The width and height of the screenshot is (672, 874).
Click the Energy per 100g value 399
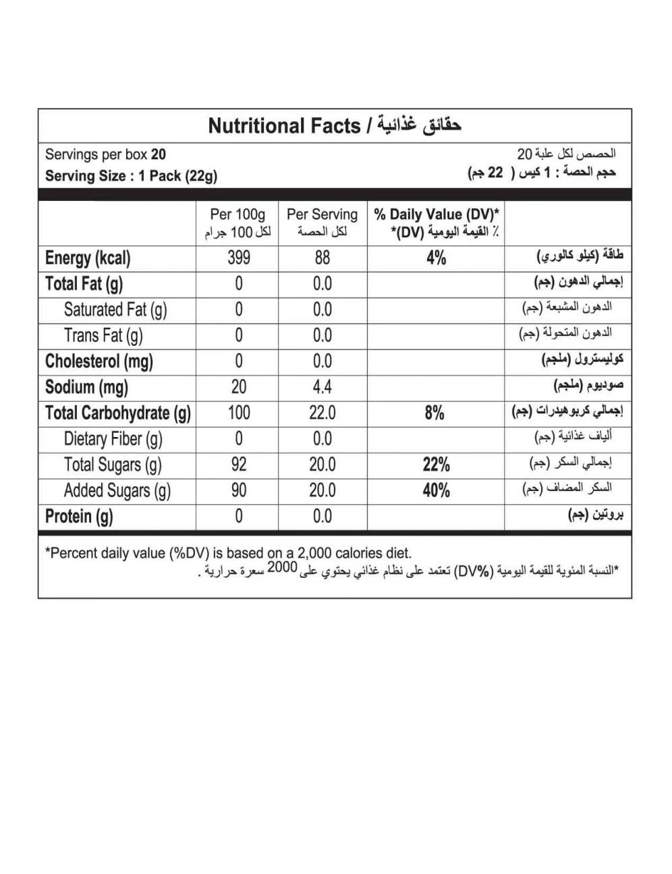click(239, 258)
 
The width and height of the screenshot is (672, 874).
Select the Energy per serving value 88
click(323, 258)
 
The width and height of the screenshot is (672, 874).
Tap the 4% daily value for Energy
click(436, 258)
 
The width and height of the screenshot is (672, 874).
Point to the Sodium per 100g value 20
click(239, 387)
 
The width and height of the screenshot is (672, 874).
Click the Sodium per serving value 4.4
click(323, 387)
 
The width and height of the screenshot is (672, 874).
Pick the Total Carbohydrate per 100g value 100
click(239, 413)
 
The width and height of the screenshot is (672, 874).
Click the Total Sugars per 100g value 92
click(239, 465)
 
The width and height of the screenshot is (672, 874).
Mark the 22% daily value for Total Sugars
click(436, 465)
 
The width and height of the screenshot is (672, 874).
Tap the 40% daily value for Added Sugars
click(436, 490)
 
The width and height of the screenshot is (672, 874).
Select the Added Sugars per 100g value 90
click(239, 490)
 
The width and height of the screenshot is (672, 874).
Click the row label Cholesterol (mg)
click(99, 361)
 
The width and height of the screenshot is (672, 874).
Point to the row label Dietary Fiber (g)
click(113, 439)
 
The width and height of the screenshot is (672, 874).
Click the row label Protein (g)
click(79, 517)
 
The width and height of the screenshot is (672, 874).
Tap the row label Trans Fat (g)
click(103, 335)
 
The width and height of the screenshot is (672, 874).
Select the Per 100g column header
click(238, 215)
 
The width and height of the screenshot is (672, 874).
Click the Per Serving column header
click(322, 215)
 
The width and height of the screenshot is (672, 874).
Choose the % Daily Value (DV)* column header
click(437, 215)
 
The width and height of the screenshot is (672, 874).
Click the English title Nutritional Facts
click(284, 126)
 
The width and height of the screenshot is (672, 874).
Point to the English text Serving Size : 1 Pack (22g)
click(131, 176)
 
